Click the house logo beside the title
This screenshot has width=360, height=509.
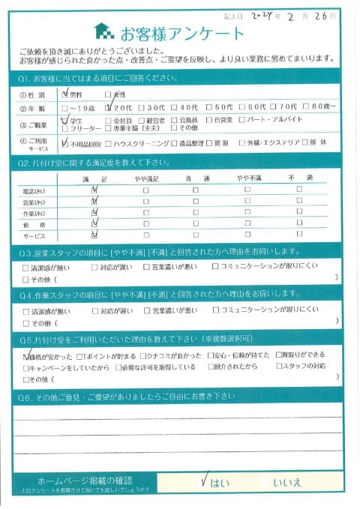[x=103, y=32]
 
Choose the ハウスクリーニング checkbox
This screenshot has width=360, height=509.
[x=109, y=142]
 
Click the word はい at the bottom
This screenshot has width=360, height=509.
[x=220, y=483]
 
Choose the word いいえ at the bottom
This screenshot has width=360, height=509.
[x=287, y=483]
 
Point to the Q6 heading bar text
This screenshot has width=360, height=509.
[x=120, y=398]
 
